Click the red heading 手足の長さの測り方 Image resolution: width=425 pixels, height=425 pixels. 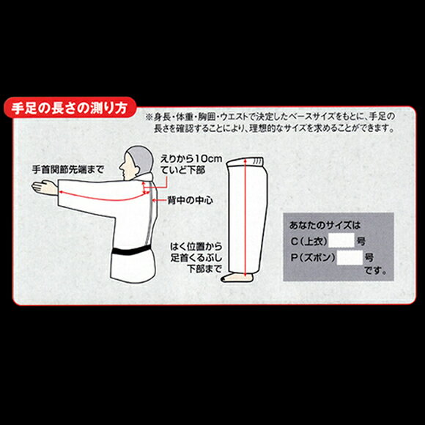pyautogui.click(x=70, y=108)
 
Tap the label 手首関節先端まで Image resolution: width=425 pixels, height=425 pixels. pyautogui.click(x=68, y=170)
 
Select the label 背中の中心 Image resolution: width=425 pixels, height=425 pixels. pyautogui.click(x=190, y=200)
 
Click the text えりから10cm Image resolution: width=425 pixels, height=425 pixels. pyautogui.click(x=191, y=159)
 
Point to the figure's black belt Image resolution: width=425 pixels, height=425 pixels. pyautogui.click(x=131, y=250)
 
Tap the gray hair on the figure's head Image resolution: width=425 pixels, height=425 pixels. pyautogui.click(x=141, y=158)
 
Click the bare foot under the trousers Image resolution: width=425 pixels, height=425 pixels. pyautogui.click(x=237, y=277)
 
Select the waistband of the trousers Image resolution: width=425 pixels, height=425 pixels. pyautogui.click(x=245, y=161)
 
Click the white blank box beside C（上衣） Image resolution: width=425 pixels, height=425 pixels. pyautogui.click(x=341, y=240)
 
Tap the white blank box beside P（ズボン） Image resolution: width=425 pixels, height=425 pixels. pyautogui.click(x=350, y=257)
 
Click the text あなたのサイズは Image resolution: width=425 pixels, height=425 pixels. pyautogui.click(x=325, y=225)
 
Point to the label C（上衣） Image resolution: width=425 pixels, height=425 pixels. pyautogui.click(x=309, y=241)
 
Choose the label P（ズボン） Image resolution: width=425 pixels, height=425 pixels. pyautogui.click(x=313, y=258)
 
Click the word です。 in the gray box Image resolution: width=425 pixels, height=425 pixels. pyautogui.click(x=375, y=270)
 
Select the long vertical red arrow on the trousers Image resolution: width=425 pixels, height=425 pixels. pyautogui.click(x=245, y=218)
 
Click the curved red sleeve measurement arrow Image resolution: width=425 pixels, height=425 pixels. pyautogui.click(x=104, y=197)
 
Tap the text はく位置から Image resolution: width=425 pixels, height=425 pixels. pyautogui.click(x=196, y=247)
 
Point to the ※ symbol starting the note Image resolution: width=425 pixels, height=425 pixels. pyautogui.click(x=149, y=117)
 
